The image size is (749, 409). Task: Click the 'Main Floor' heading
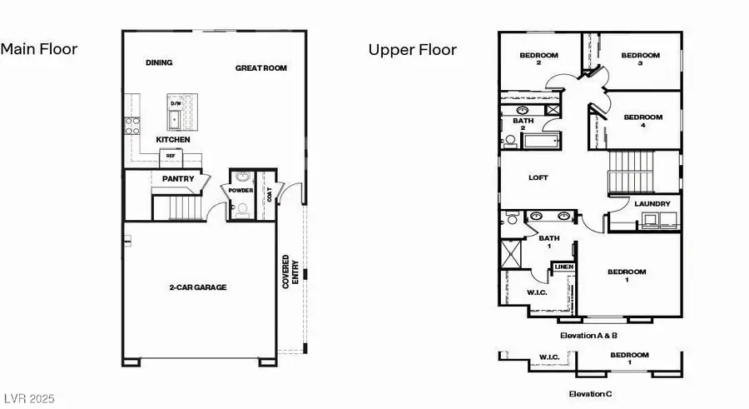pyautogui.click(x=39, y=49)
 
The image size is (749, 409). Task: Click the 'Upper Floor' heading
pyautogui.click(x=413, y=50)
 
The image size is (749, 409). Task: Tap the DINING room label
pyautogui.click(x=159, y=62)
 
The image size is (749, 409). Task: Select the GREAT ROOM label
pyautogui.click(x=260, y=68)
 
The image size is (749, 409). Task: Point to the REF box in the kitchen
pyautogui.click(x=171, y=156)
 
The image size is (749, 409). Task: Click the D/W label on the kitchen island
pyautogui.click(x=176, y=103)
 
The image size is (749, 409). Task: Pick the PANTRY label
pyautogui.click(x=178, y=178)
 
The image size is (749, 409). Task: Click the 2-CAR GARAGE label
pyautogui.click(x=198, y=287)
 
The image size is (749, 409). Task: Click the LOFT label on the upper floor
pyautogui.click(x=538, y=177)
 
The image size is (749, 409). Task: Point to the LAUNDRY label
pyautogui.click(x=652, y=204)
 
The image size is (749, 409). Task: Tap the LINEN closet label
pyautogui.click(x=564, y=267)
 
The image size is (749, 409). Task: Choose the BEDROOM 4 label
pyautogui.click(x=643, y=122)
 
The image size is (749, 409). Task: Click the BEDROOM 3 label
pyautogui.click(x=640, y=59)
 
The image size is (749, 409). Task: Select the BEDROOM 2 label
pyautogui.click(x=538, y=59)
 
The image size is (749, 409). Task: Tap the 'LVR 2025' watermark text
pyautogui.click(x=27, y=400)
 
